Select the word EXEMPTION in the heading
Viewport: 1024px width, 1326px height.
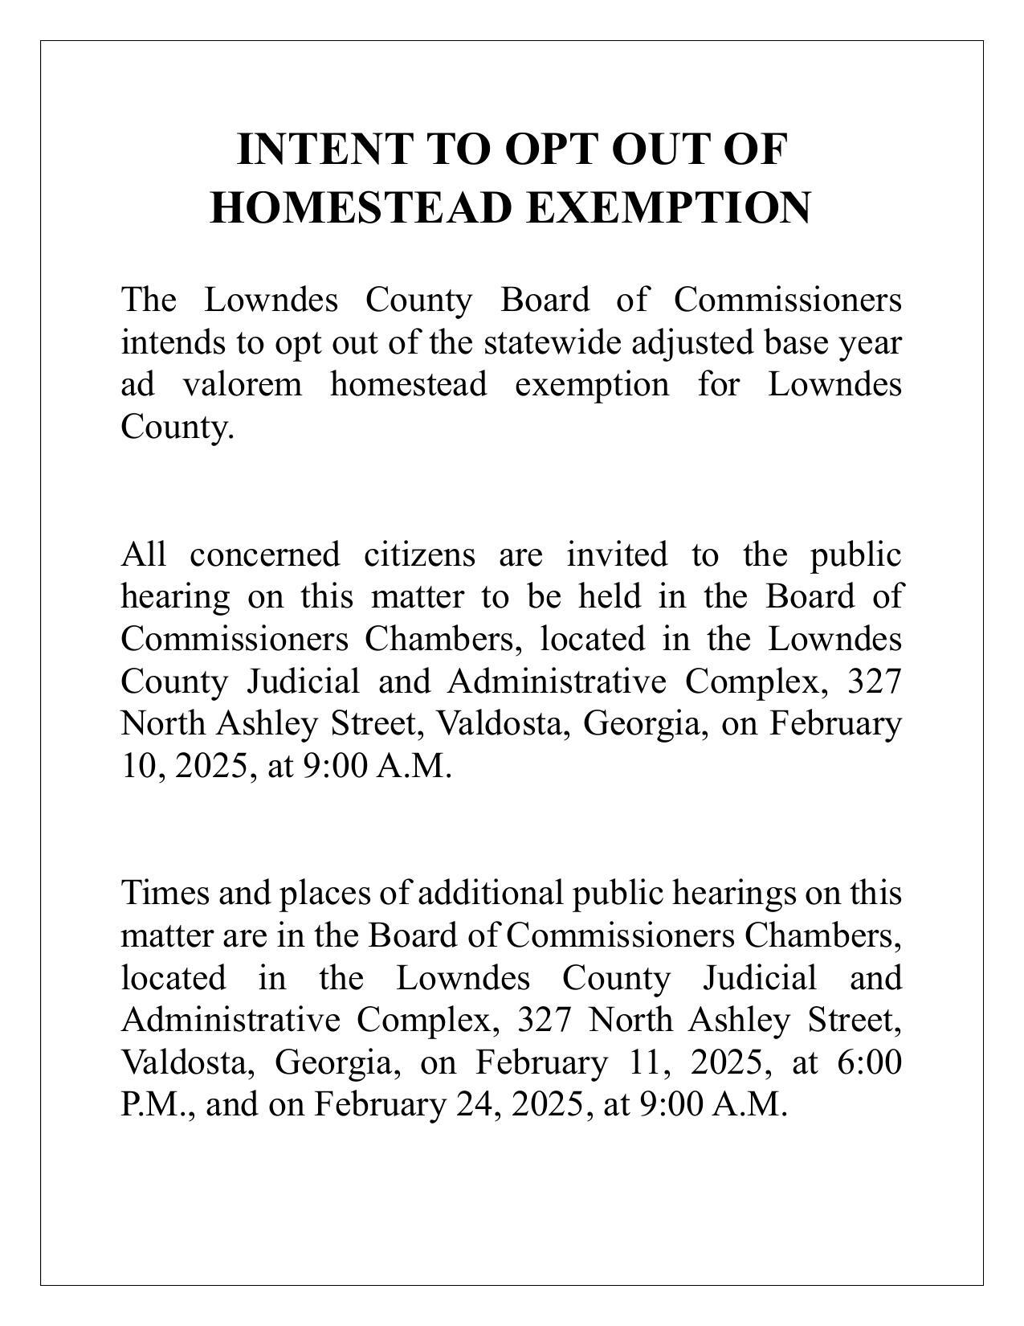(x=668, y=207)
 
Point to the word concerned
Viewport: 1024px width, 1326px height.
(x=265, y=555)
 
